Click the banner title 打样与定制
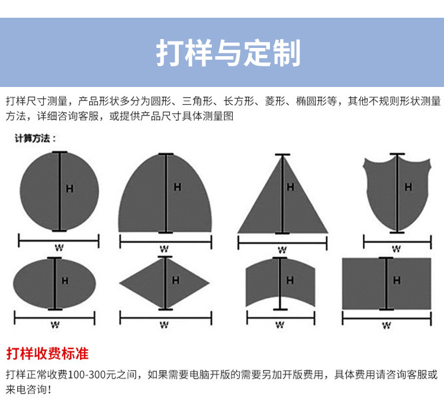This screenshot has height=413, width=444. [229, 53]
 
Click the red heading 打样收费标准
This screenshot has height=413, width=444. [47, 354]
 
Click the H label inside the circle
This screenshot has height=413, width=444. [70, 189]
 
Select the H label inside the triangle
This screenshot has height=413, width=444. [290, 187]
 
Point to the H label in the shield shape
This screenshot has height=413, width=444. [408, 187]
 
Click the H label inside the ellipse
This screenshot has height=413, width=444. [65, 281]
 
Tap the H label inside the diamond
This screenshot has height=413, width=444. [176, 280]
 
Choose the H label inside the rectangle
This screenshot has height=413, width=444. [397, 280]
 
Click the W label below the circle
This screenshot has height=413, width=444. [59, 248]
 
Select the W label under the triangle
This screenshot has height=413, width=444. [282, 250]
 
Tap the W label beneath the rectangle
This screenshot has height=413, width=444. [387, 325]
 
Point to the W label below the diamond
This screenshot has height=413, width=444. [164, 325]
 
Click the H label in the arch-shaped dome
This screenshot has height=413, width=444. [177, 187]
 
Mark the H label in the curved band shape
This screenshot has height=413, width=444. [289, 280]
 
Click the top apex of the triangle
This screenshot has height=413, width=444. [282, 156]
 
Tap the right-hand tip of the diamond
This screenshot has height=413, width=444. [210, 282]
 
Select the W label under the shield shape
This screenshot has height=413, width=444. [396, 249]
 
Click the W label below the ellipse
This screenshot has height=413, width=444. [55, 325]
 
